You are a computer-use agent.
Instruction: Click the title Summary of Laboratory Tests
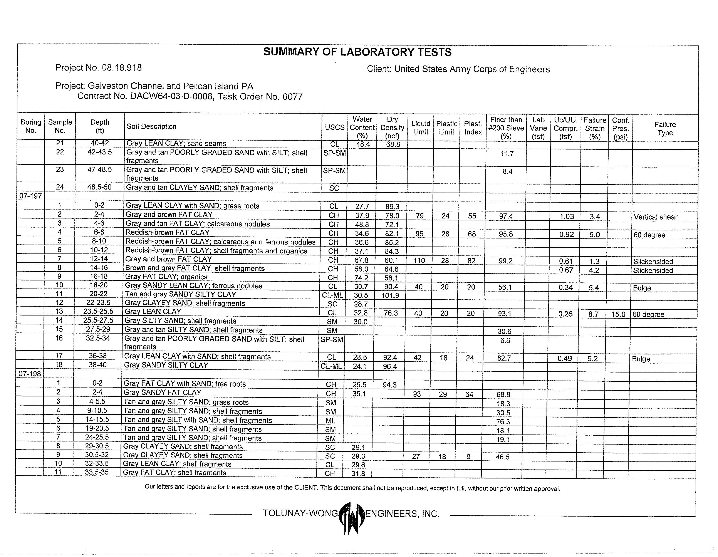[357, 52]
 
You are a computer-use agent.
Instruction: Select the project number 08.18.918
[122, 68]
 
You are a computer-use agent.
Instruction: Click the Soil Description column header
[152, 127]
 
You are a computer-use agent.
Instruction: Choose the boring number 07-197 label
[31, 196]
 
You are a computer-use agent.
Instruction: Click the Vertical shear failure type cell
[655, 217]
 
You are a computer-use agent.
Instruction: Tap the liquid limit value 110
[419, 261]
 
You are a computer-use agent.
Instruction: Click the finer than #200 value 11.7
[507, 154]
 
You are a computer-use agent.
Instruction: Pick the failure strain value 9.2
[592, 358]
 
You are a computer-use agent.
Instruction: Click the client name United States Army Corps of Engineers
[472, 69]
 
